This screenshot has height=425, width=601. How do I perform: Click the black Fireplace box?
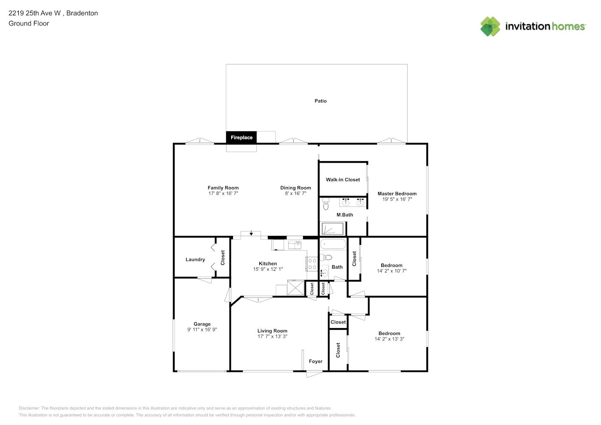tap(241, 137)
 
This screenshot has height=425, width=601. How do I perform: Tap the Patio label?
tap(320, 101)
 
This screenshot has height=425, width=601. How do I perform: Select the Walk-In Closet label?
tap(343, 180)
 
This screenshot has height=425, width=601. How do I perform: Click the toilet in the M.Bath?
tap(326, 204)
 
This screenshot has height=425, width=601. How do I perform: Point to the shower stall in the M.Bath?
tap(333, 229)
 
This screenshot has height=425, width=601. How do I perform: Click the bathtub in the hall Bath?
tap(333, 244)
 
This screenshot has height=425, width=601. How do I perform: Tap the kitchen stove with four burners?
tap(312, 264)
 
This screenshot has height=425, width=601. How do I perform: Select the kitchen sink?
tap(295, 245)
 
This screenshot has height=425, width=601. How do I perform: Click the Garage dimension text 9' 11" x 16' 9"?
tap(202, 329)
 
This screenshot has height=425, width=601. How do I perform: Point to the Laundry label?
tap(196, 259)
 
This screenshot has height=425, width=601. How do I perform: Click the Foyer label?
tap(315, 361)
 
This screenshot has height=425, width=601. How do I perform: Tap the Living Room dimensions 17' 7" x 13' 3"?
tap(272, 337)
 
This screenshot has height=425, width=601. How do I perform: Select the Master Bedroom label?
tap(397, 194)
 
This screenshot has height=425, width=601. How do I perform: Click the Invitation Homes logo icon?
tap(490, 26)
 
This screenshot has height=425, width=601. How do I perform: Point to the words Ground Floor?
tap(29, 23)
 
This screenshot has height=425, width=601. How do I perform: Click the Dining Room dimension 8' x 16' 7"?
tap(295, 193)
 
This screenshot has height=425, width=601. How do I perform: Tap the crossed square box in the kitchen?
tap(295, 287)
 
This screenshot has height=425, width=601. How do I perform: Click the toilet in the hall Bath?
tap(326, 258)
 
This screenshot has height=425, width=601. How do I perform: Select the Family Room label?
tap(223, 188)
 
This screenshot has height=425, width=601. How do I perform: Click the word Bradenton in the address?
tap(82, 13)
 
